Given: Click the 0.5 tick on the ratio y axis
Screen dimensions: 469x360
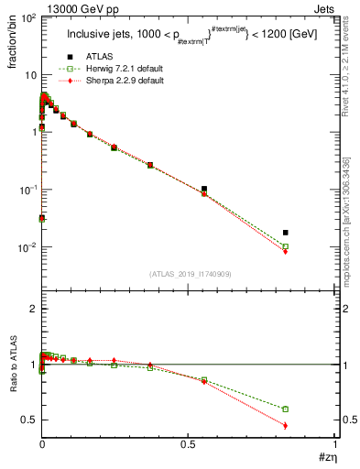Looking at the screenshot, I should tap(27, 420).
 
